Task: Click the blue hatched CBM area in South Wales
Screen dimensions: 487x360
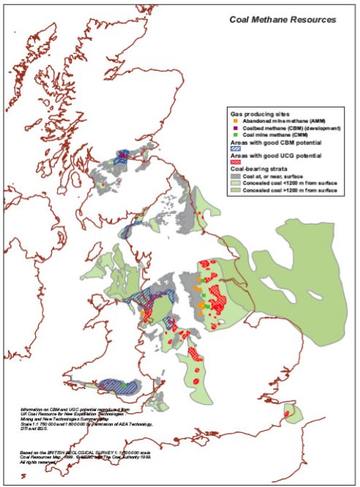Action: [x=110, y=385]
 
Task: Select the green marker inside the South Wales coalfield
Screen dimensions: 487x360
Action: [x=125, y=384]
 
